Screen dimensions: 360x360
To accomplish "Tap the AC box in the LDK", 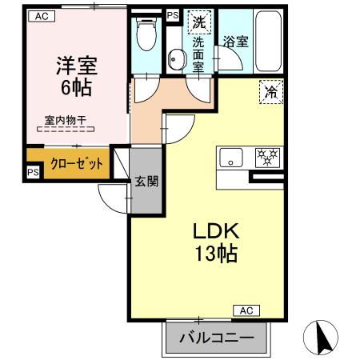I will tap(246, 310).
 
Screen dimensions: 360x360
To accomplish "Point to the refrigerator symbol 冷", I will tap(272, 93).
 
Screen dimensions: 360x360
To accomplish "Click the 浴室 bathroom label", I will tap(234, 41).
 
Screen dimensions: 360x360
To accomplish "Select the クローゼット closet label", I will tap(77, 164).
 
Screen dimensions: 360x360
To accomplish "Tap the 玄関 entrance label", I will tap(145, 181).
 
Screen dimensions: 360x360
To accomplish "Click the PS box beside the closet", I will tap(33, 172).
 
